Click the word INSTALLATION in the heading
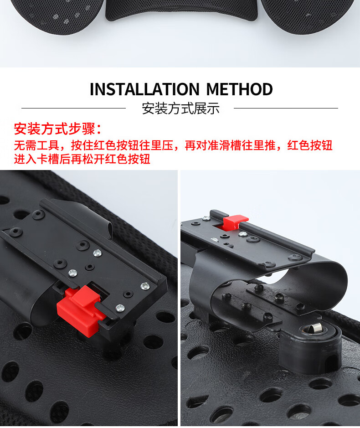[144, 89]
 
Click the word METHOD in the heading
[239, 89]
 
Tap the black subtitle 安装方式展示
[180, 108]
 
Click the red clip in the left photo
[81, 307]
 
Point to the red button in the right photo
[235, 222]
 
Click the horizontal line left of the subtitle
[73, 108]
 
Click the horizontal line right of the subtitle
[286, 108]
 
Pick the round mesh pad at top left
[57, 15]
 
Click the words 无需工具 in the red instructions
[36, 145]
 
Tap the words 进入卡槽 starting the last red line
[36, 159]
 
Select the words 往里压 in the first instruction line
[156, 145]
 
